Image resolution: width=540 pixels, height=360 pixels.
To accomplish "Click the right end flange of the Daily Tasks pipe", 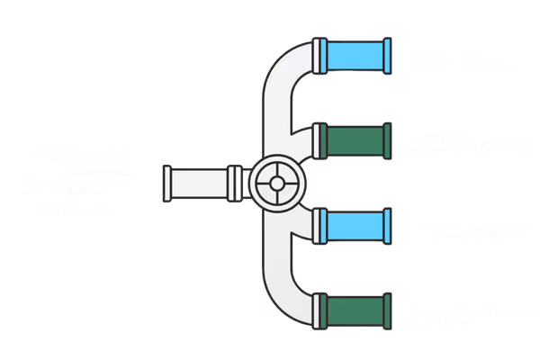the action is (387, 58).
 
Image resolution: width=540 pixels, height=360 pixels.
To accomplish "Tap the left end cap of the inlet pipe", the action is (166, 183).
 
